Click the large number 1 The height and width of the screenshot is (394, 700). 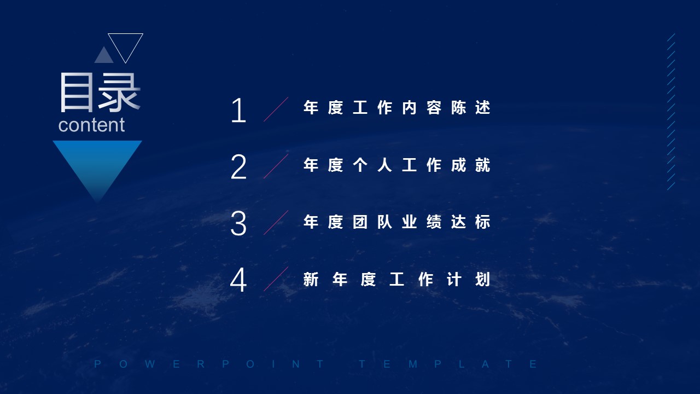239,110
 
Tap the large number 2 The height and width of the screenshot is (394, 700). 239,167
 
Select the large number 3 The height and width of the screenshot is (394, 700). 238,223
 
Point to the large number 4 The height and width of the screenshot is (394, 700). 238,280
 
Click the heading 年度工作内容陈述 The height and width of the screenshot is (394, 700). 397,108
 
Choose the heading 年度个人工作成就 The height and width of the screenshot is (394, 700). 397,165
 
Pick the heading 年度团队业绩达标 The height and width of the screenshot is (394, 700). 397,222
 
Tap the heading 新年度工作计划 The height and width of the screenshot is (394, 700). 397,279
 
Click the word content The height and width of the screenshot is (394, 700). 91,125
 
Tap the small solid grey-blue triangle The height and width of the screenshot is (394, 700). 104,55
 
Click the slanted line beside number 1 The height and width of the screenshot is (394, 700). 276,109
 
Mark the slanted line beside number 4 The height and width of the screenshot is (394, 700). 276,279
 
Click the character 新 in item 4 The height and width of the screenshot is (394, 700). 311,279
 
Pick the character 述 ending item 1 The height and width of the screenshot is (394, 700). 483,108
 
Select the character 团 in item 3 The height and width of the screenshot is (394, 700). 360,222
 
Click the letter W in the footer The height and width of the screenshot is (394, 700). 150,364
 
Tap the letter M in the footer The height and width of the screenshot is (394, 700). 413,364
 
